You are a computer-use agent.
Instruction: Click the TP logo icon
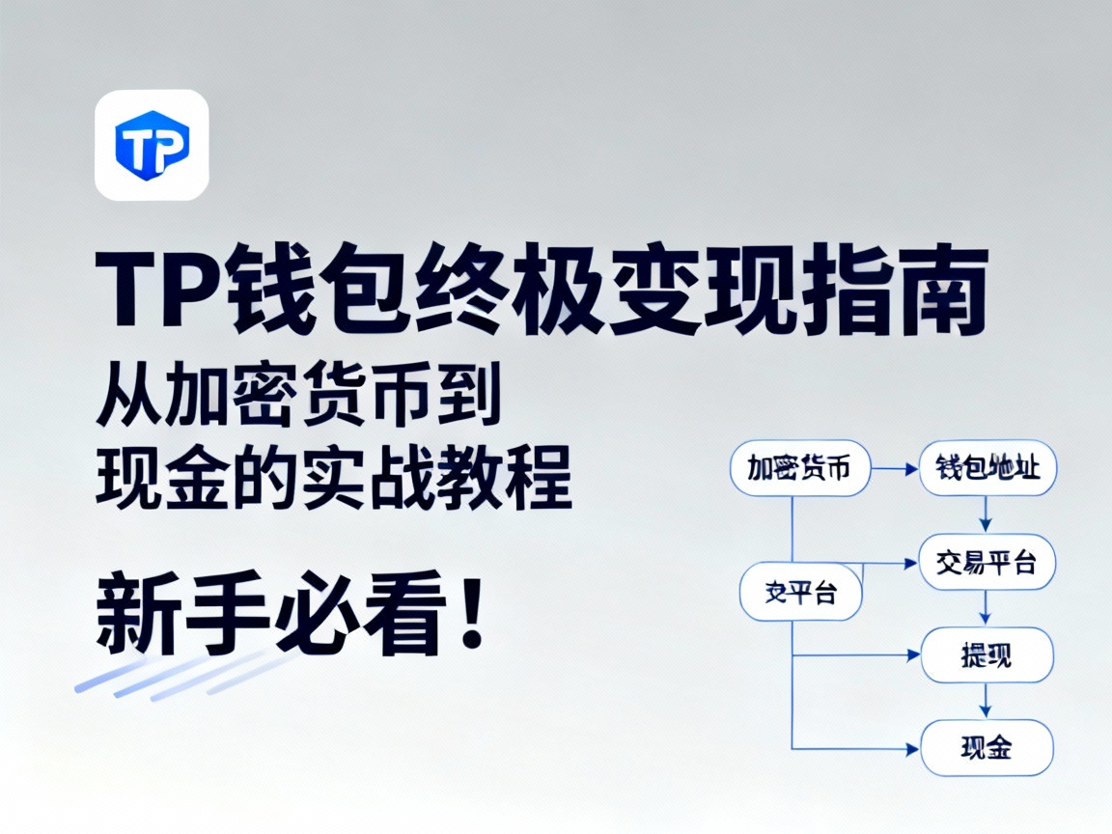click(x=152, y=145)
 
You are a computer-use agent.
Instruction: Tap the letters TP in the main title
click(x=164, y=289)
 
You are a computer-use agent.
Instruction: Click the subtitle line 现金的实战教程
click(x=333, y=480)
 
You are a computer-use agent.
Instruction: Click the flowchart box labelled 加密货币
click(x=800, y=469)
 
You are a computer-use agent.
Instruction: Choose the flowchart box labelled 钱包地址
click(x=987, y=469)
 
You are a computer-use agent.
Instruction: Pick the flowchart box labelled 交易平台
click(x=987, y=562)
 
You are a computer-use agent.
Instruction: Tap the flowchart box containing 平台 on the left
click(x=800, y=591)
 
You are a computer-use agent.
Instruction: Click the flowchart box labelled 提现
click(x=987, y=655)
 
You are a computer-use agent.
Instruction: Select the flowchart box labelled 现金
click(x=987, y=747)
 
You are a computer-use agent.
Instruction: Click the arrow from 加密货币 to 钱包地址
click(x=895, y=469)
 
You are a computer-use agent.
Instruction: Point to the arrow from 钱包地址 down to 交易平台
click(x=986, y=514)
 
